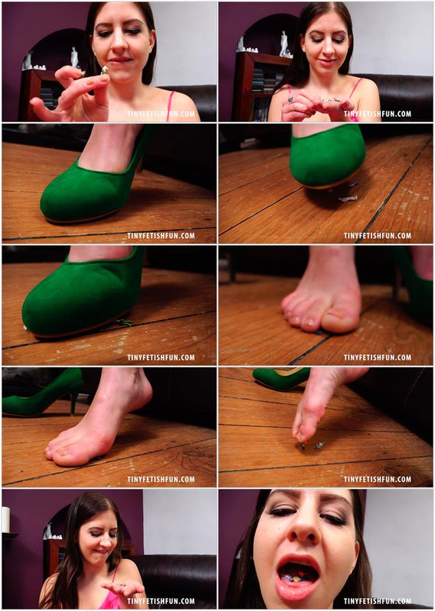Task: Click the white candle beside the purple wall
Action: pyautogui.click(x=5, y=519)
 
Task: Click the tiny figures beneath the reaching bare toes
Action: pyautogui.click(x=312, y=445)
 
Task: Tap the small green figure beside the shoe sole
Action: pyautogui.click(x=124, y=322)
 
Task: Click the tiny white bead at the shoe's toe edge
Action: pyautogui.click(x=27, y=329)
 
